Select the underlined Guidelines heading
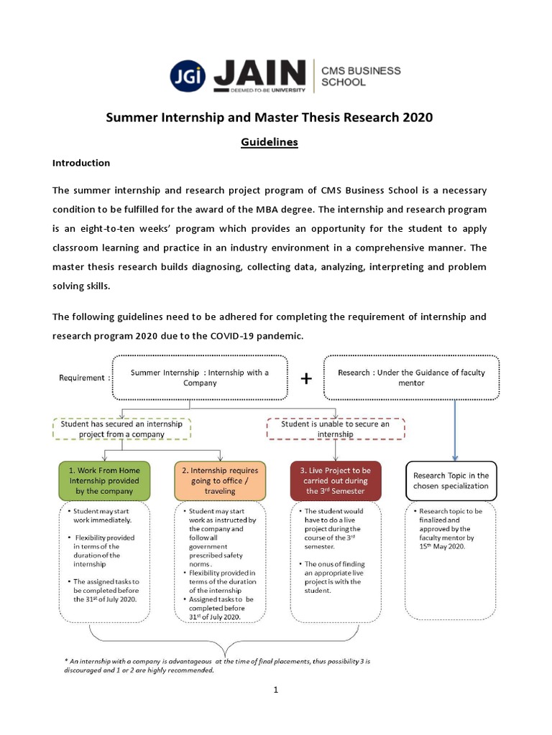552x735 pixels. coord(269,142)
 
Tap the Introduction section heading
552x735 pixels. coord(81,163)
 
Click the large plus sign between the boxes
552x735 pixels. coord(306,378)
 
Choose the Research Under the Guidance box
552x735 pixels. coord(411,378)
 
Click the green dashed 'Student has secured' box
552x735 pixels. coord(121,429)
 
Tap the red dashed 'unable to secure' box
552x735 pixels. coord(336,429)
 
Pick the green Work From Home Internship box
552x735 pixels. coord(105,481)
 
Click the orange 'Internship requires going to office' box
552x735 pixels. coord(219,481)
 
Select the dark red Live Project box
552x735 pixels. coord(336,481)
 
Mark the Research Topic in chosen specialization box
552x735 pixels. coord(451,481)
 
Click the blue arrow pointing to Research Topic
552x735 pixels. coord(454,431)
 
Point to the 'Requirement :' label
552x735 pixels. coord(85,378)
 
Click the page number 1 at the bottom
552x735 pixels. coord(275,690)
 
